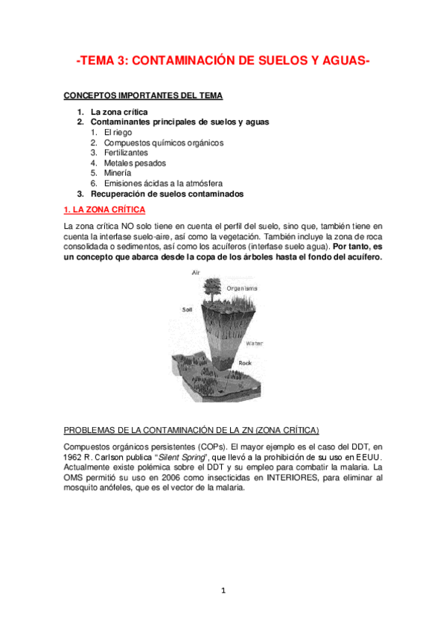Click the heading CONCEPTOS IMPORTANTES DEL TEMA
[143, 95]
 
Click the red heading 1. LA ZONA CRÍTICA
[105, 209]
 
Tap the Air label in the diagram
[197, 274]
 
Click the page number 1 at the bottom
[223, 591]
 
